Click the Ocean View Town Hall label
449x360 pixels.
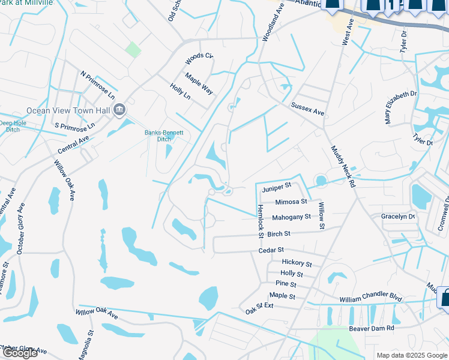[68, 110]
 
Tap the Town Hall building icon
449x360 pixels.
[119, 110]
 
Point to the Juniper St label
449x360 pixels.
[276, 188]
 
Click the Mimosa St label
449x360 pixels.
[291, 202]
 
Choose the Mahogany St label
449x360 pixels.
[291, 217]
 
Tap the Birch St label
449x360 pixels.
[279, 233]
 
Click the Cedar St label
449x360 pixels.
[271, 250]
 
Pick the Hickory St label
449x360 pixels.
[297, 263]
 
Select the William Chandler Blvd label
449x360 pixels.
[370, 298]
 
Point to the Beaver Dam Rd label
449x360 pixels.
[372, 328]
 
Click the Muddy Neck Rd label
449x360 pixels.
[343, 166]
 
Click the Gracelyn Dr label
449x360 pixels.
[398, 216]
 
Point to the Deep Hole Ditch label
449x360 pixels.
[13, 126]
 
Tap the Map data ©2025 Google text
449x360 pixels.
[412, 355]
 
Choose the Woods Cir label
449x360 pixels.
[199, 58]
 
